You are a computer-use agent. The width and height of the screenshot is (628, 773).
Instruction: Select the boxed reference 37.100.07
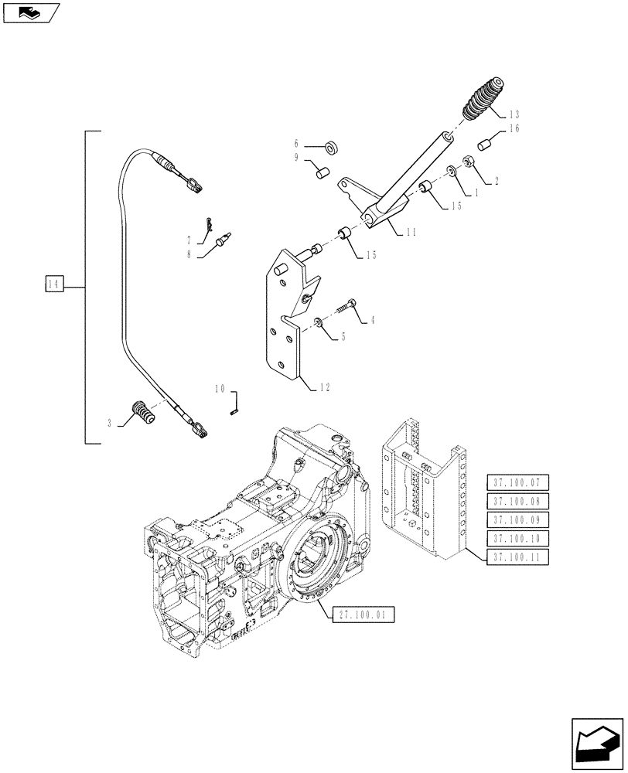point(517,483)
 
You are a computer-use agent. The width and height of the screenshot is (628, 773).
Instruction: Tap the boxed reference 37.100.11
point(517,557)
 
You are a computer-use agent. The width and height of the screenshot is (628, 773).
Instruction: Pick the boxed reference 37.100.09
point(517,520)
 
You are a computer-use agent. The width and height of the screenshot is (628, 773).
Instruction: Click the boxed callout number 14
point(53,286)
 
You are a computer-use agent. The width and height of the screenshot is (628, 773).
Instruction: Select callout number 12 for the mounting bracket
point(324,387)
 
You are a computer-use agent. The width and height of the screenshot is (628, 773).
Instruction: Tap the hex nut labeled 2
point(469,161)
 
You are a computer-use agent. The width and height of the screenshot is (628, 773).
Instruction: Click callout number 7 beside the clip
point(189,240)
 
